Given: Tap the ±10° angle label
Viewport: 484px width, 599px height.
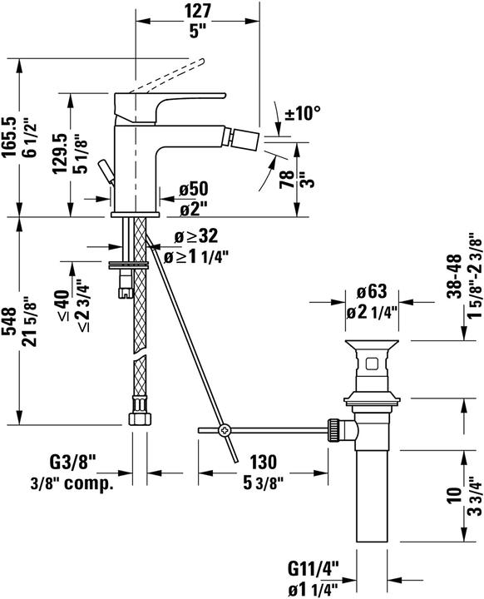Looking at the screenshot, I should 303,112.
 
